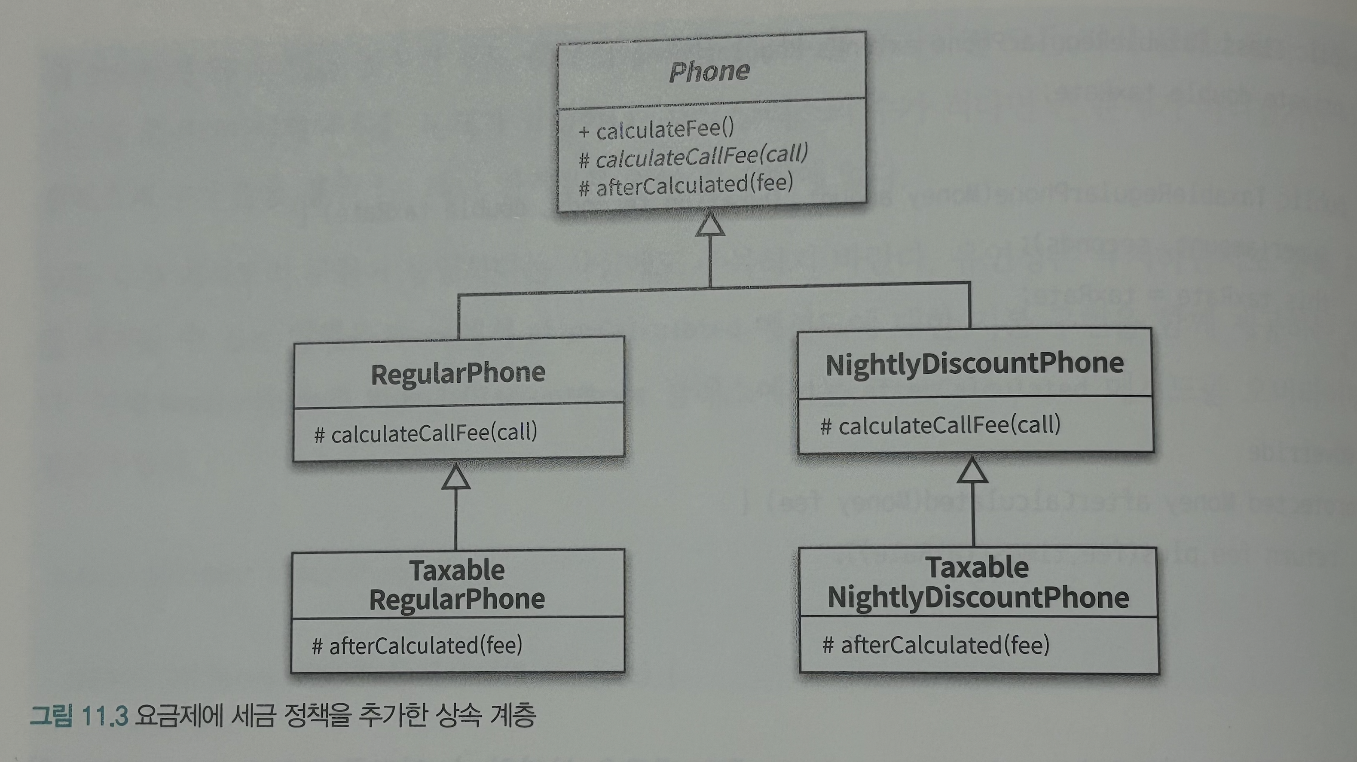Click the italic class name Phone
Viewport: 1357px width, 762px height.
(x=709, y=72)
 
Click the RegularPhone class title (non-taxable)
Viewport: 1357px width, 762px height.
(x=458, y=374)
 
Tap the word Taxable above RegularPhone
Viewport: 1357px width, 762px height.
(x=457, y=570)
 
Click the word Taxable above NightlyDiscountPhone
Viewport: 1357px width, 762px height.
(x=977, y=568)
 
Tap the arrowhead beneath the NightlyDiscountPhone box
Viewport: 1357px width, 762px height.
(x=972, y=470)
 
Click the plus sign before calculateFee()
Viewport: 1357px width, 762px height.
(x=584, y=131)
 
